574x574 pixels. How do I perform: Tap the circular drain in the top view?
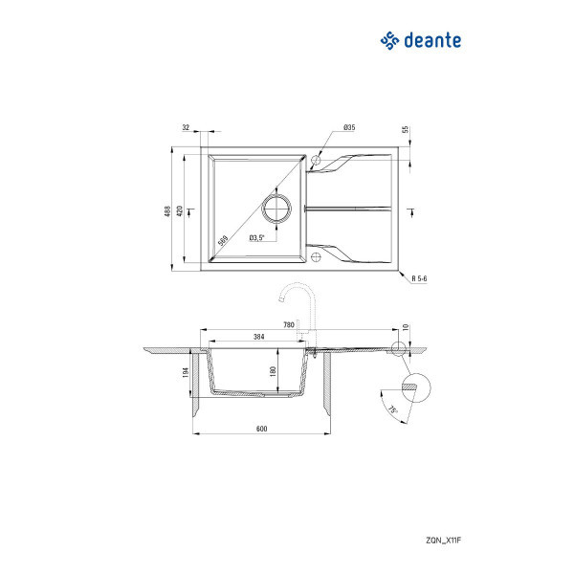point(276,209)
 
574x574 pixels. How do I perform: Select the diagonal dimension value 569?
point(223,240)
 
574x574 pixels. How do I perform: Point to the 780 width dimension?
point(289,325)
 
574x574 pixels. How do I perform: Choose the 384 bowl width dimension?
point(258,337)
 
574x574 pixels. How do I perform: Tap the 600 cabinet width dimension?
point(262,428)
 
